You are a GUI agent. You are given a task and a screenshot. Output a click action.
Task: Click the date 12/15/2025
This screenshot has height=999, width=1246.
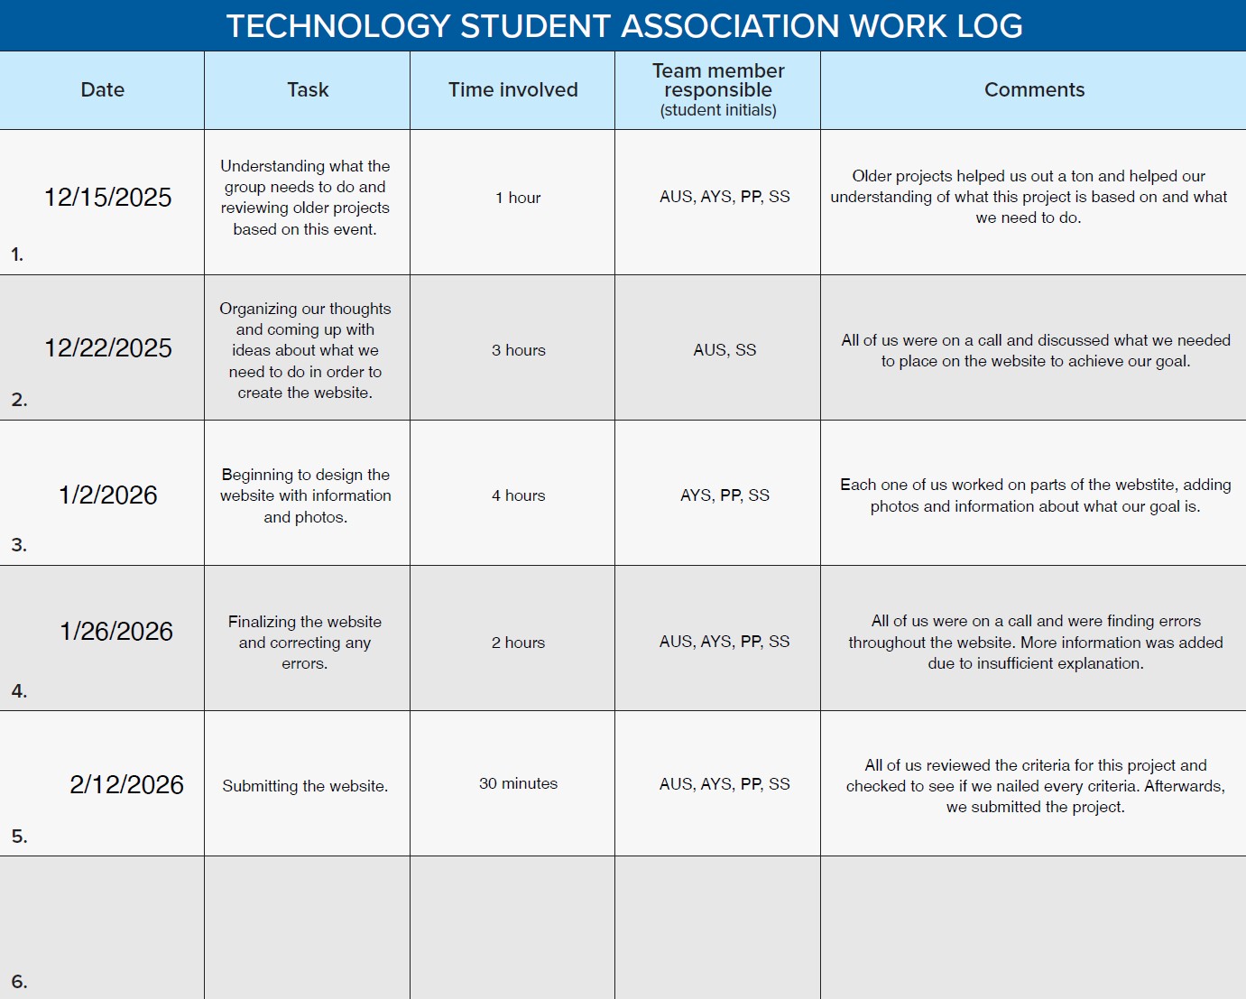pyautogui.click(x=108, y=198)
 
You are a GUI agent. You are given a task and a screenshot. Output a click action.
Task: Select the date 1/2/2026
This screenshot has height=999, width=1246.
pyautogui.click(x=108, y=495)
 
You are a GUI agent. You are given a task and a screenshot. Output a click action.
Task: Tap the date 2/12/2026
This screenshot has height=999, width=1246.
pyautogui.click(x=126, y=785)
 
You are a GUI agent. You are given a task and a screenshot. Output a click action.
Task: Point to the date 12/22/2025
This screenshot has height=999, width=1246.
pyautogui.click(x=108, y=348)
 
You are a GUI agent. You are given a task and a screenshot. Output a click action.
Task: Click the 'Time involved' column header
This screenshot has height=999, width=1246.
pyautogui.click(x=512, y=90)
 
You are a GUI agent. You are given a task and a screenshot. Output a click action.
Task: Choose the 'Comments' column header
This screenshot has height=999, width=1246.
pyautogui.click(x=1034, y=90)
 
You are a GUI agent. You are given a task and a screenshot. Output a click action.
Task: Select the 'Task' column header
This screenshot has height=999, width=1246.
pyautogui.click(x=308, y=90)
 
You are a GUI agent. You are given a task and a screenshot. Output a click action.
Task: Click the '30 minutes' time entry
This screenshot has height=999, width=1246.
pyautogui.click(x=518, y=783)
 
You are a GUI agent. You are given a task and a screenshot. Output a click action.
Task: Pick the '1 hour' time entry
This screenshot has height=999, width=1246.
pyautogui.click(x=518, y=198)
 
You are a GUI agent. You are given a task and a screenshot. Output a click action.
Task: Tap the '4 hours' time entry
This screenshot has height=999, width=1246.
pyautogui.click(x=518, y=495)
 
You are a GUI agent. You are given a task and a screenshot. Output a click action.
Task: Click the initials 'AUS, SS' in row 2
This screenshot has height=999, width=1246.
pyautogui.click(x=725, y=350)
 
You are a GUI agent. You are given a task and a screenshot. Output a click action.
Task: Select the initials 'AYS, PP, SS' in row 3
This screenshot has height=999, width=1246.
pyautogui.click(x=725, y=495)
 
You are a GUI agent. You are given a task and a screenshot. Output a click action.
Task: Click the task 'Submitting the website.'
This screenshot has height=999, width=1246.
pyautogui.click(x=305, y=786)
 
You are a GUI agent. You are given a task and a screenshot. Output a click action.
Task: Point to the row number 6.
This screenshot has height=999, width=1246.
pyautogui.click(x=19, y=982)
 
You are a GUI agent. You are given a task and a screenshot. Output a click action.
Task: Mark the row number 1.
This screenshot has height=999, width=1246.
pyautogui.click(x=17, y=254)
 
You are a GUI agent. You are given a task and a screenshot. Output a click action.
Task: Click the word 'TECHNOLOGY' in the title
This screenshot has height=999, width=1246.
pyautogui.click(x=338, y=26)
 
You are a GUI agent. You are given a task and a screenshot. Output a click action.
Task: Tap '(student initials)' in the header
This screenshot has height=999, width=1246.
pyautogui.click(x=718, y=110)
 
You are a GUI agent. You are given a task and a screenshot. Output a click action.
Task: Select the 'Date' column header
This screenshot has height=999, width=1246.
pyautogui.click(x=102, y=90)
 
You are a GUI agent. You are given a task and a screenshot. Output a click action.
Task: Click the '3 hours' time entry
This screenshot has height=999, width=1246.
pyautogui.click(x=518, y=350)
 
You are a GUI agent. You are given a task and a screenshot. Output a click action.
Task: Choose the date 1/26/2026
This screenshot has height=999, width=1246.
pyautogui.click(x=116, y=632)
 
